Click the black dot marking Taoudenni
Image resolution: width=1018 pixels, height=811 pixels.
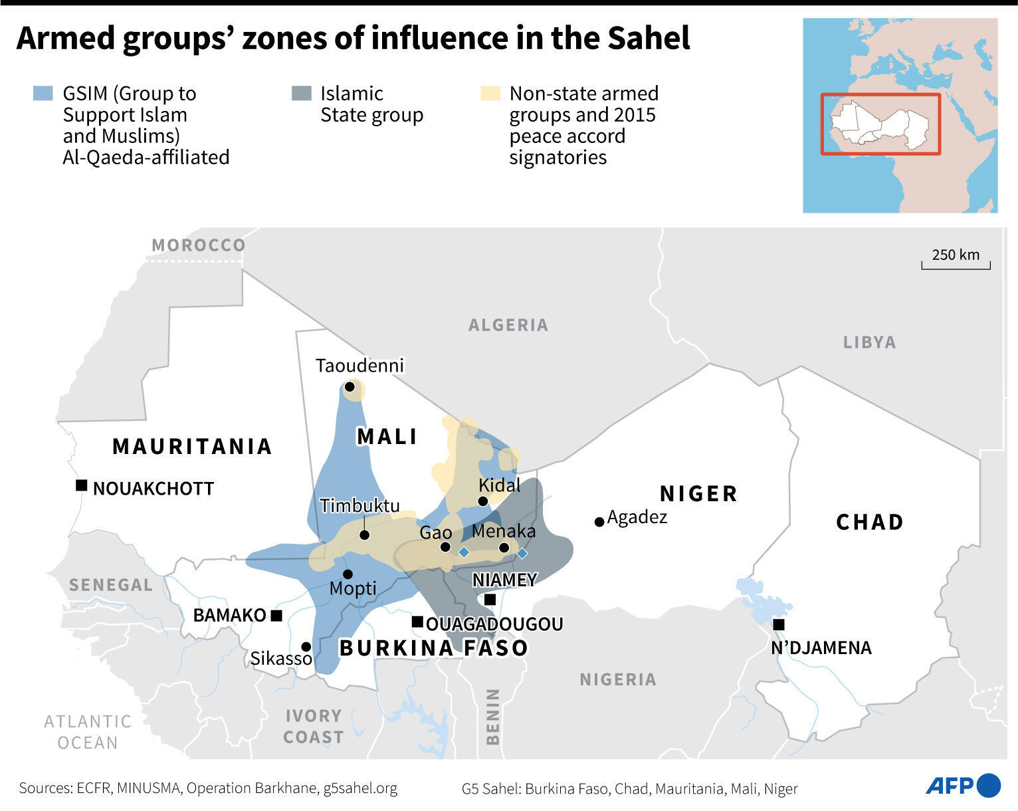click(x=350, y=386)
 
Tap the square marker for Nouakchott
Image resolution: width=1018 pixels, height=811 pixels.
click(x=81, y=485)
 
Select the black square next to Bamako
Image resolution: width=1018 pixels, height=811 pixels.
click(x=276, y=616)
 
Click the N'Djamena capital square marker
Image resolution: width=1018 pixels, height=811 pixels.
click(x=779, y=624)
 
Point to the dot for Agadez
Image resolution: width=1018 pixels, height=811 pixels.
click(x=599, y=522)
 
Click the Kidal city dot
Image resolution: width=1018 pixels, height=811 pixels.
click(x=483, y=501)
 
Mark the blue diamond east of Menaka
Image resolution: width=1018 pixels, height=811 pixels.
click(x=522, y=553)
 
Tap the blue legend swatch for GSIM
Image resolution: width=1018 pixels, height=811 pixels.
click(x=43, y=93)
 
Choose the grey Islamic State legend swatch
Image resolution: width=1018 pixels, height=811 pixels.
click(x=301, y=93)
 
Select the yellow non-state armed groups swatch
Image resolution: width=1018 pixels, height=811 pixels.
click(x=490, y=93)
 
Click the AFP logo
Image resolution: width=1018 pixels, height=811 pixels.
click(x=962, y=786)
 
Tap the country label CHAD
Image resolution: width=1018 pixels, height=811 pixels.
click(x=870, y=522)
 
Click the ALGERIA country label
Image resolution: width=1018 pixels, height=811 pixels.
click(x=508, y=325)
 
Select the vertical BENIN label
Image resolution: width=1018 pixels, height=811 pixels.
click(x=492, y=716)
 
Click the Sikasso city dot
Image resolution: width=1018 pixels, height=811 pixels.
click(x=306, y=646)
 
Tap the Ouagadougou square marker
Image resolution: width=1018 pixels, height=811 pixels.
click(x=417, y=622)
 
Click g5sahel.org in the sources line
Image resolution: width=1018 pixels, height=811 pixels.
click(x=360, y=788)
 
